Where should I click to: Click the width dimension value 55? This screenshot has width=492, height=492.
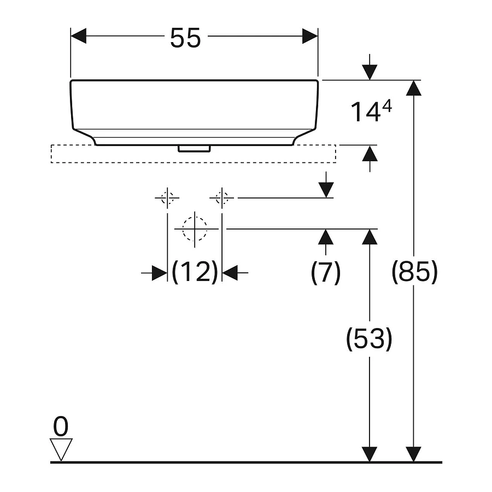(185, 38)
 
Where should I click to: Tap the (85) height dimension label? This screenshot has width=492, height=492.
(414, 271)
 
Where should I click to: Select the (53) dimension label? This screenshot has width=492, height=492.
(369, 338)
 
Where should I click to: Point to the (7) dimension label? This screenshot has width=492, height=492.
(326, 272)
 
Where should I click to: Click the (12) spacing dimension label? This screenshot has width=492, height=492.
(195, 272)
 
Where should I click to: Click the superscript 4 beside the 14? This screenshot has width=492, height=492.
(387, 107)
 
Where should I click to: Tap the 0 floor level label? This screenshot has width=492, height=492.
(61, 426)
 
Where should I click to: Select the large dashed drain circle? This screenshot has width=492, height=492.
(195, 229)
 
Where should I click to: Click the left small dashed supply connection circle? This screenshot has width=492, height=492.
(167, 198)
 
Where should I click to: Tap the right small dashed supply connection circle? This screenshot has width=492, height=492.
(222, 198)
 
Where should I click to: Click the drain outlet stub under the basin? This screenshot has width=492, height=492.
(194, 148)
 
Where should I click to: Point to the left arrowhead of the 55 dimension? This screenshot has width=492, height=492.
(78, 36)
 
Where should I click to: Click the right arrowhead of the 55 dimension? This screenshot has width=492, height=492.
(310, 36)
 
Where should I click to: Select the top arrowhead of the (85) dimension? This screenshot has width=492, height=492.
(414, 88)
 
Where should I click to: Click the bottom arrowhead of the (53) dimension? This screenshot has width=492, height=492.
(370, 454)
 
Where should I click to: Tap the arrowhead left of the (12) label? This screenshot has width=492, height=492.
(160, 273)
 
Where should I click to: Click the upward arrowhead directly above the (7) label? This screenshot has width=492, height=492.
(326, 237)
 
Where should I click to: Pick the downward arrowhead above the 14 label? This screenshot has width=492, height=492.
(370, 73)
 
